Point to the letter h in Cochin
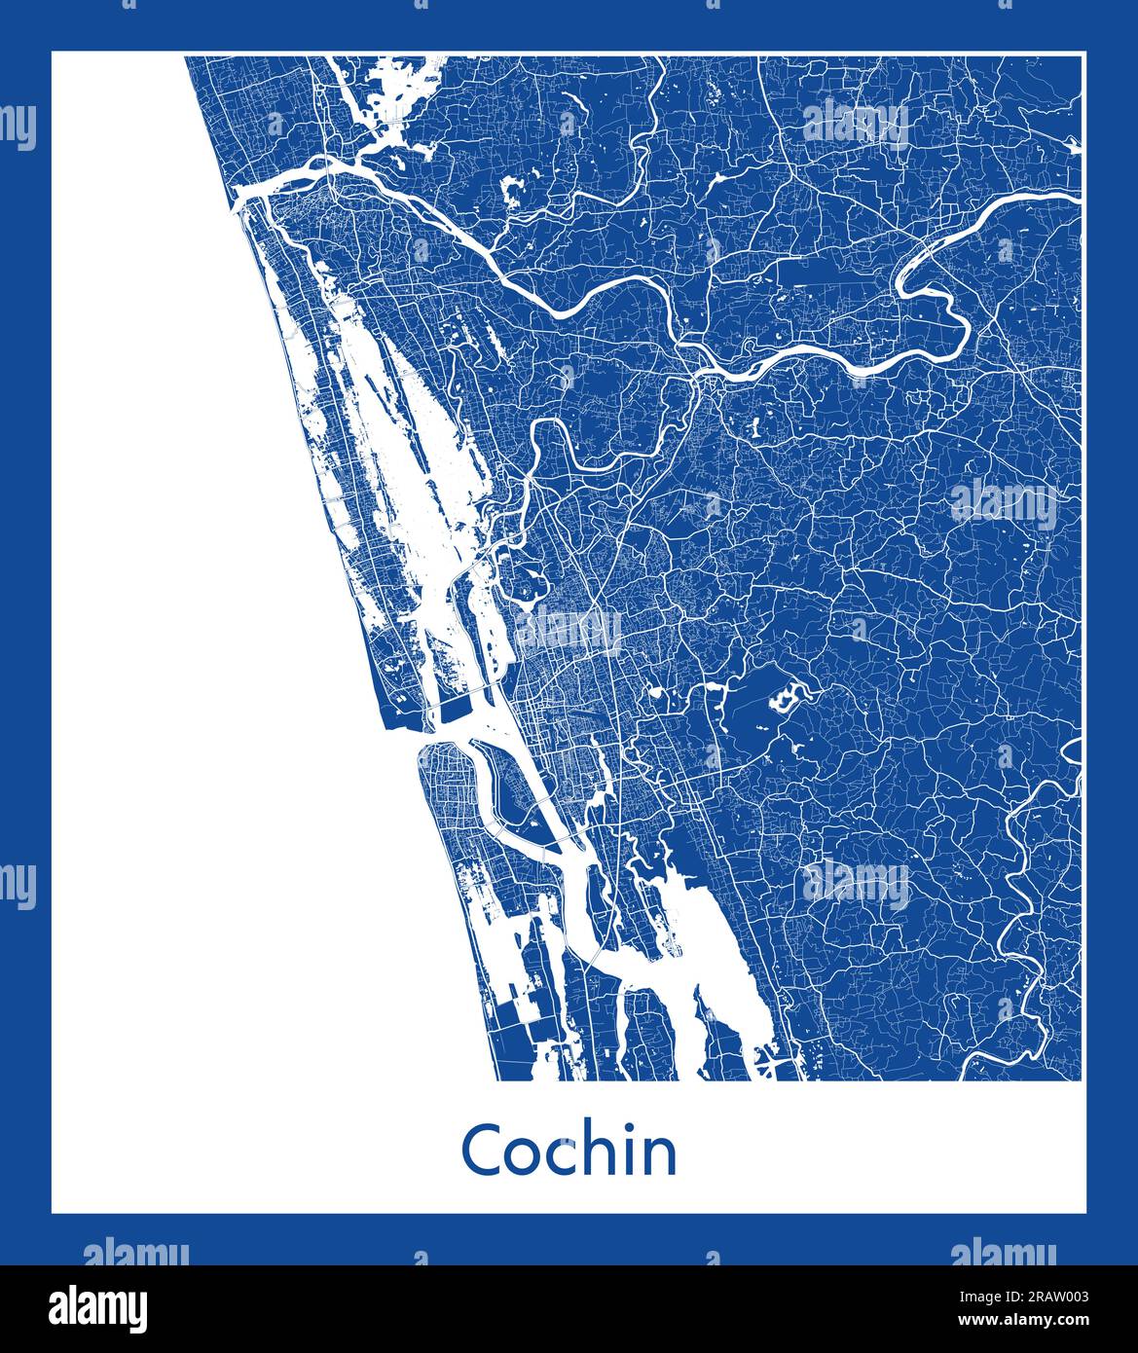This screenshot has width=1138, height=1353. [604, 1149]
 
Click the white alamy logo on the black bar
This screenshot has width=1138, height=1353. [100, 1307]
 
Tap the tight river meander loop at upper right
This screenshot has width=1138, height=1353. [930, 292]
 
